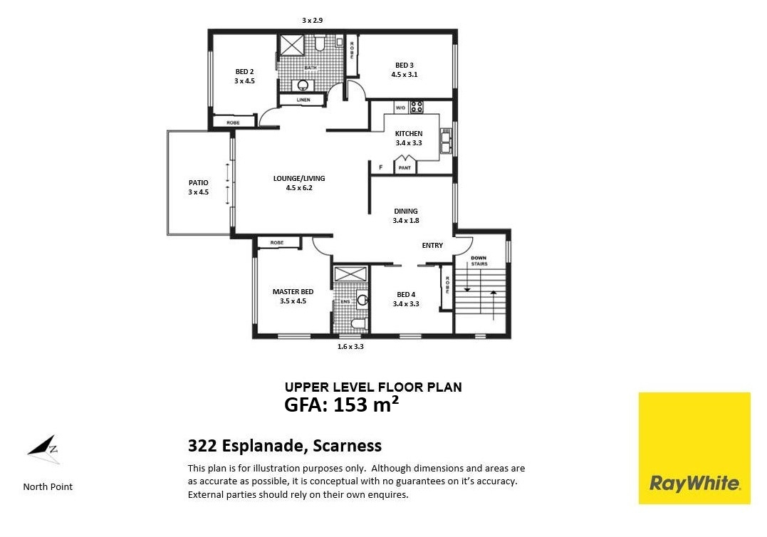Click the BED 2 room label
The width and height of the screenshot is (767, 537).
click(244, 72)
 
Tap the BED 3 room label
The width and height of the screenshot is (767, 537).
click(405, 66)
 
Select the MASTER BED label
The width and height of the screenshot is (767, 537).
click(293, 292)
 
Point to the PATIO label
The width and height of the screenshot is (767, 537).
click(199, 183)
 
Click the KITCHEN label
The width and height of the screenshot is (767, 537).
click(409, 133)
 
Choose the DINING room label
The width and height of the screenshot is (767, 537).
click(406, 212)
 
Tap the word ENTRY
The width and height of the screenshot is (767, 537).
click(432, 246)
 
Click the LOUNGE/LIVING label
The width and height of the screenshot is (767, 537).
click(299, 179)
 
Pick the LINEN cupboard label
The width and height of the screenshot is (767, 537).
click(303, 100)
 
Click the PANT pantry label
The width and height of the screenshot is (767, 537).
click(405, 168)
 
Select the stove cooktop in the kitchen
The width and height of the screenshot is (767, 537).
click(417, 107)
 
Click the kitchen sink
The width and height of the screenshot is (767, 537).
click(446, 141)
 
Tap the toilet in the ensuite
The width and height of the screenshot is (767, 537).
click(359, 324)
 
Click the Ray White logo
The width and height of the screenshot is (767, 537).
click(694, 448)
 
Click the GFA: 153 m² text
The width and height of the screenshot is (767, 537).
click(341, 405)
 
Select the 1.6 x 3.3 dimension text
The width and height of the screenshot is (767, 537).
click(350, 347)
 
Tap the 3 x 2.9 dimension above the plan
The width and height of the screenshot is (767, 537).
click(312, 21)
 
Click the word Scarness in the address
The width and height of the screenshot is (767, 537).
click(348, 446)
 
